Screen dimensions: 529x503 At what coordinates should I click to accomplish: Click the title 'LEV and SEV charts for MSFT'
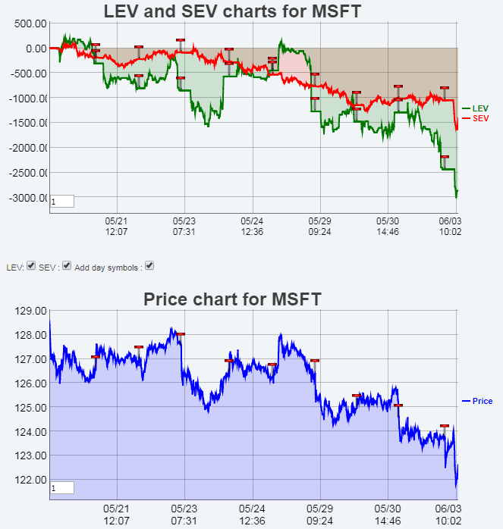pyautogui.click(x=232, y=11)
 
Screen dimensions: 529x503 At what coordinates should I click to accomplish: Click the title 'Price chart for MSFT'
pyautogui.click(x=232, y=299)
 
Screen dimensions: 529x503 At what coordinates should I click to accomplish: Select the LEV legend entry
pyautogui.click(x=480, y=108)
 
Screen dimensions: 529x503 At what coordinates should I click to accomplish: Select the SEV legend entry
pyautogui.click(x=480, y=118)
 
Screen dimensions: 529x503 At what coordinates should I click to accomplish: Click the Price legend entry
pyautogui.click(x=482, y=401)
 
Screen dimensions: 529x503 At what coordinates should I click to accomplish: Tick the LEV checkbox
pyautogui.click(x=31, y=266)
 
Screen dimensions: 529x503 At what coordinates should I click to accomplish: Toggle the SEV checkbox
pyautogui.click(x=67, y=266)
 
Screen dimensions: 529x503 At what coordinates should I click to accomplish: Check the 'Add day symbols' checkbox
pyautogui.click(x=149, y=266)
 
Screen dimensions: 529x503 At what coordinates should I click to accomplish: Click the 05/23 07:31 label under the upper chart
pyautogui.click(x=184, y=226)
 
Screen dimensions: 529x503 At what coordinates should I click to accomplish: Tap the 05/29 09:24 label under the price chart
pyautogui.click(x=319, y=516)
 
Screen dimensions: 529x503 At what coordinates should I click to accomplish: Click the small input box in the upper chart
pyautogui.click(x=61, y=202)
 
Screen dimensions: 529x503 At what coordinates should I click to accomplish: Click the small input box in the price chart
pyautogui.click(x=61, y=488)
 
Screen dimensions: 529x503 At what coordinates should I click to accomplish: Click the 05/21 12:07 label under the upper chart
pyautogui.click(x=117, y=226)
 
